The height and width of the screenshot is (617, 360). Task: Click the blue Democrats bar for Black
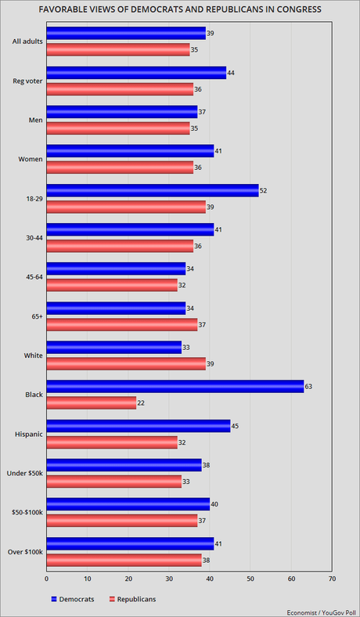[x=175, y=386]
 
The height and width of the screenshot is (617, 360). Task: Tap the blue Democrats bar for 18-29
[x=153, y=190]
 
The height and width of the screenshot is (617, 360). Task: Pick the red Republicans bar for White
[x=126, y=363]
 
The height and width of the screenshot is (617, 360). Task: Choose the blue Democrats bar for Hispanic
[x=139, y=425]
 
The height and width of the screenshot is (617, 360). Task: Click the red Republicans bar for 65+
[x=122, y=323]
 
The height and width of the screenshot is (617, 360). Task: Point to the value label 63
[x=308, y=386]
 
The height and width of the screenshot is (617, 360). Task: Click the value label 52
[x=264, y=190]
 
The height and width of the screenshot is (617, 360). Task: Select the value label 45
[x=235, y=425]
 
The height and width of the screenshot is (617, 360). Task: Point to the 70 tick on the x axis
[x=332, y=579]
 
